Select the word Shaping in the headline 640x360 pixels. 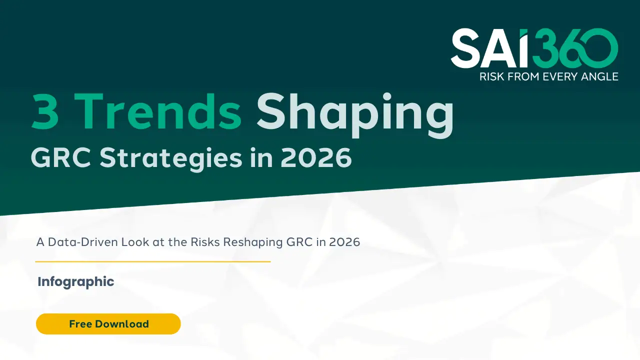click(355, 112)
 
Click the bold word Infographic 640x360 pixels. click(76, 281)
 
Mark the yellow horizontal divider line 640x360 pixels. click(152, 261)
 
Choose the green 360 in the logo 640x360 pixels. click(575, 48)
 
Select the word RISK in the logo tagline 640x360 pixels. click(492, 77)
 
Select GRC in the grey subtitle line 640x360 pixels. click(299, 242)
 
